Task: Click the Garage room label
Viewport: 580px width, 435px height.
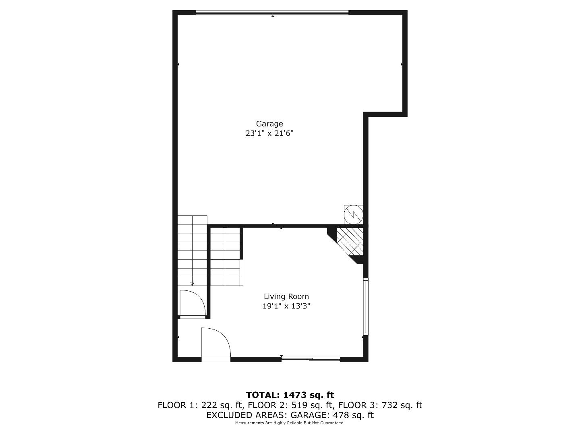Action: pyautogui.click(x=269, y=124)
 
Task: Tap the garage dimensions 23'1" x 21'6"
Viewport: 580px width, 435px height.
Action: pyautogui.click(x=269, y=133)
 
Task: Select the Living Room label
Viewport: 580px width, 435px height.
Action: pyautogui.click(x=286, y=296)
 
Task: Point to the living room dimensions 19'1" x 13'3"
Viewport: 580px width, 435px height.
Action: pyautogui.click(x=286, y=306)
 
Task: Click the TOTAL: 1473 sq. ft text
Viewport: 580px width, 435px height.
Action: pyautogui.click(x=290, y=395)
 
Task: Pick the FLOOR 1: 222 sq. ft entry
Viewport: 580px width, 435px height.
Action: pyautogui.click(x=200, y=405)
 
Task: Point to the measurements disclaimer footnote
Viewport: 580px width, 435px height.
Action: pyautogui.click(x=290, y=423)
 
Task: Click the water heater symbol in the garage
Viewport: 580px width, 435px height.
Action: pyautogui.click(x=353, y=214)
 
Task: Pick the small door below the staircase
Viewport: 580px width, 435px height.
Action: pyautogui.click(x=193, y=304)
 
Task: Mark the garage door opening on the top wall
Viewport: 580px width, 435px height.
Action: pyautogui.click(x=272, y=13)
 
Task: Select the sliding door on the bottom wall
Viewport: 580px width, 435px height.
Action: pyautogui.click(x=311, y=359)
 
